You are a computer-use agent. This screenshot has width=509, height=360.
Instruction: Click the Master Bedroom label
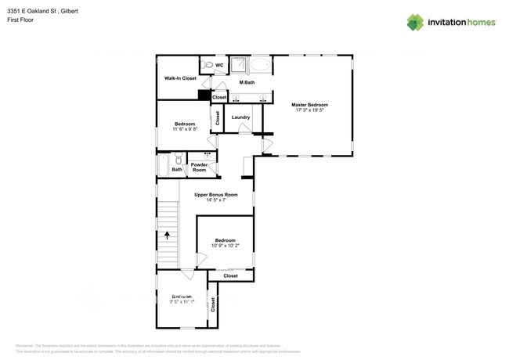[x=309, y=105]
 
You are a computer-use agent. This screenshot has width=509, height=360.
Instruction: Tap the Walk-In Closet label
[x=180, y=78]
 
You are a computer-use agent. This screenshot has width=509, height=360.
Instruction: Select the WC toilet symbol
[x=208, y=65]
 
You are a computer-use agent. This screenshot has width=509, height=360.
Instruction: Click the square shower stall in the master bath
[x=239, y=65]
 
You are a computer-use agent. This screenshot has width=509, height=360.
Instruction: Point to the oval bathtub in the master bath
[x=261, y=65]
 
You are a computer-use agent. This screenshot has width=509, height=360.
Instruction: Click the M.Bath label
[x=247, y=82]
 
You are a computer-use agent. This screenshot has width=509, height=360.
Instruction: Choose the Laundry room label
[x=240, y=117]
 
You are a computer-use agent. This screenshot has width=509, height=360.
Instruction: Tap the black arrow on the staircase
[x=167, y=234]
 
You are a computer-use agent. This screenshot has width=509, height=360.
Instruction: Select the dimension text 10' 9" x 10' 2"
[x=225, y=246]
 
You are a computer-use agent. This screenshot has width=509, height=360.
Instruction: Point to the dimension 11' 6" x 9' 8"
[x=185, y=129]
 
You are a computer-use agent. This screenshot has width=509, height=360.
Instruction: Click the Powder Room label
[x=199, y=167]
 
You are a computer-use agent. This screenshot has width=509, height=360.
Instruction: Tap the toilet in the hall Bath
[x=179, y=160]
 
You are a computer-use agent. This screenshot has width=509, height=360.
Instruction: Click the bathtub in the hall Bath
[x=163, y=165]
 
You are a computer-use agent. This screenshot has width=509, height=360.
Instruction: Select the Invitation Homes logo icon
[x=415, y=23]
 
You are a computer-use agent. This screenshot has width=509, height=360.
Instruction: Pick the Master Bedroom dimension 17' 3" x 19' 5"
[x=309, y=110]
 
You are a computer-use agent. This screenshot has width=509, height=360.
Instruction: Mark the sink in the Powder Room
[x=207, y=155]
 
